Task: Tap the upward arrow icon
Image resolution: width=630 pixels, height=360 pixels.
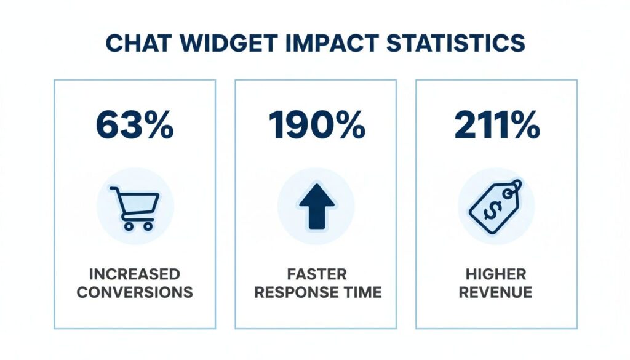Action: coord(316,205)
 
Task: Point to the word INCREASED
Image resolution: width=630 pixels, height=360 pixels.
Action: coord(135,273)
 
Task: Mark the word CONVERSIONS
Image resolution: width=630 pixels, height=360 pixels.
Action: coord(135,292)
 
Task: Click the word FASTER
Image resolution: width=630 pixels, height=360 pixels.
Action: coord(316,273)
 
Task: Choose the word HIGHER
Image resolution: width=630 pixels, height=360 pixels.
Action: coord(496,273)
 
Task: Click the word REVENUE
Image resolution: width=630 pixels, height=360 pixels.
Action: coord(496,292)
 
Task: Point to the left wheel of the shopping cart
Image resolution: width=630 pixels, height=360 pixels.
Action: coord(129,225)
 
